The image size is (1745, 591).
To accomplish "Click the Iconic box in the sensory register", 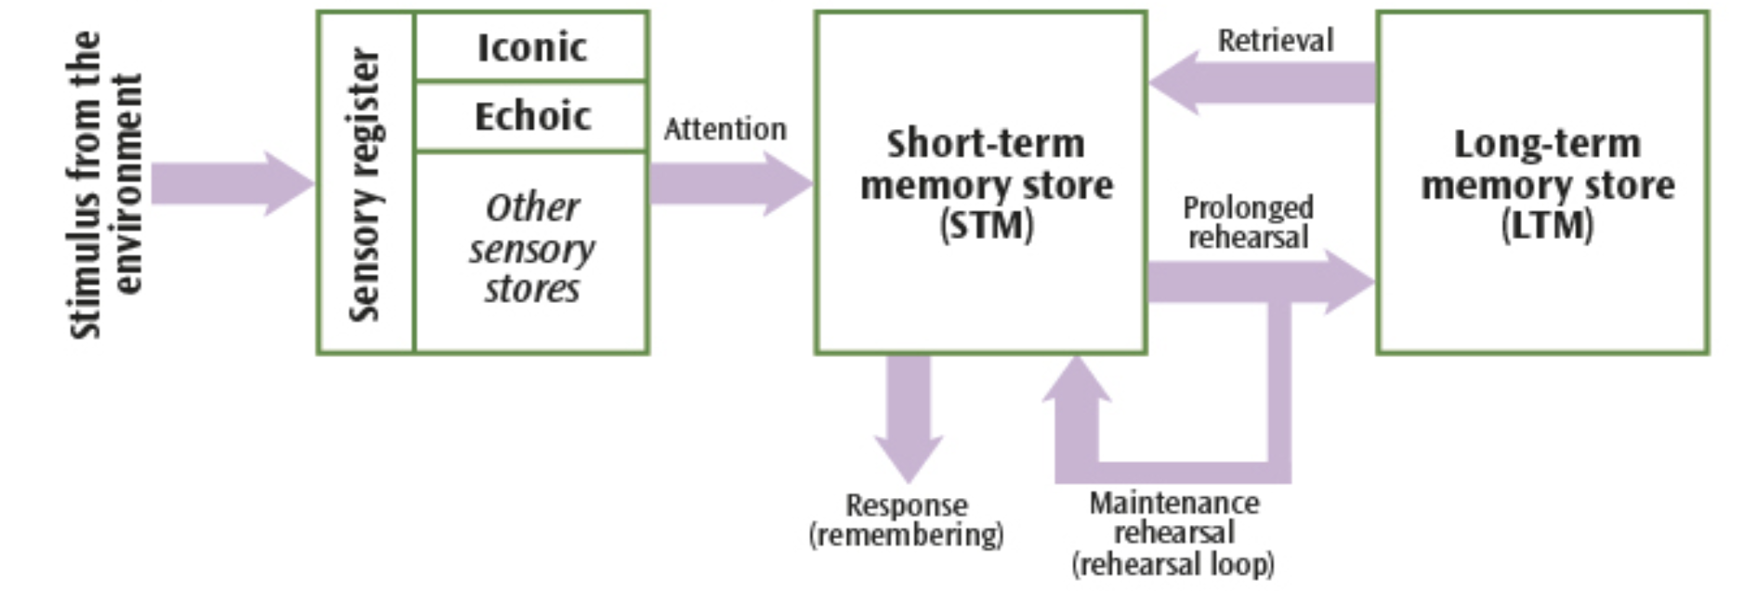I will click(x=531, y=47).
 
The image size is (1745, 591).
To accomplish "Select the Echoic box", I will click(x=531, y=117).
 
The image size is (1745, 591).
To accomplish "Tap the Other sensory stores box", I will click(x=531, y=249).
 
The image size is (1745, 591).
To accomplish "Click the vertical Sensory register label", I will click(x=365, y=184).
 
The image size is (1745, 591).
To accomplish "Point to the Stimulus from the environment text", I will click(x=104, y=184).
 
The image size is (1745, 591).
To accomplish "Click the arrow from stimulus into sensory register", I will click(x=232, y=183).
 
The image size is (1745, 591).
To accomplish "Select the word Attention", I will click(x=725, y=129).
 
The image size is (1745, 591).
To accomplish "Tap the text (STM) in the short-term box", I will click(x=986, y=226).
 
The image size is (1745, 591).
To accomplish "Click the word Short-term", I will click(x=985, y=144).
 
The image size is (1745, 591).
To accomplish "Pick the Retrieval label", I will click(x=1275, y=41).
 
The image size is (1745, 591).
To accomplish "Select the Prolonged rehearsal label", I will click(x=1248, y=222).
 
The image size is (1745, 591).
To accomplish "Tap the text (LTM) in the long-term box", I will click(x=1546, y=226).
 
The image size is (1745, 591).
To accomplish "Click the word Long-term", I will click(x=1546, y=144).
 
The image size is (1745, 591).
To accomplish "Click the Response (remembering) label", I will click(x=906, y=519).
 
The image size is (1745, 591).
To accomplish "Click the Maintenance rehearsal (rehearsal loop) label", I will click(x=1173, y=533).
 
